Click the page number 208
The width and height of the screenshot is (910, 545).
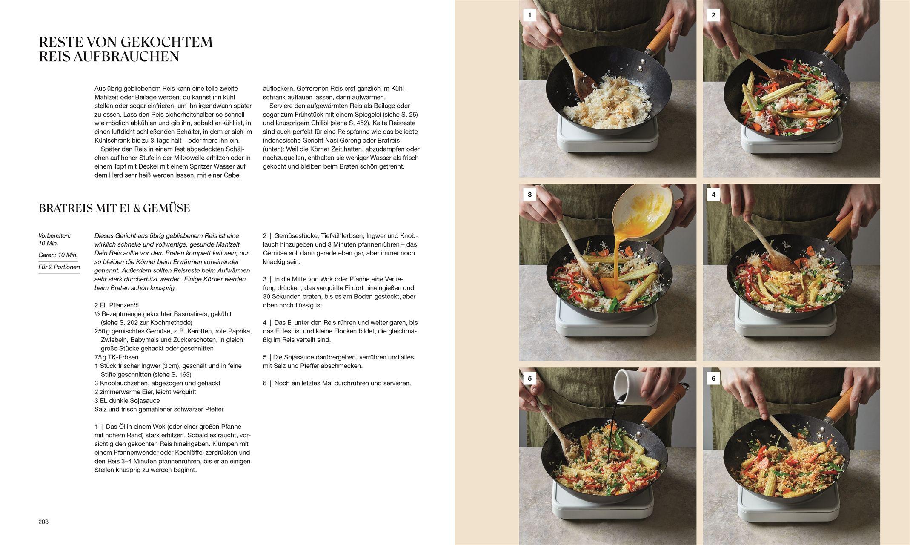[x=43, y=522]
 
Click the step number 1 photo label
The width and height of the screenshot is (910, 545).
[x=529, y=15]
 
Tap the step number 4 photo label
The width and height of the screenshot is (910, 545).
[x=713, y=195]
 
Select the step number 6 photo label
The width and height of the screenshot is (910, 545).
[x=713, y=378]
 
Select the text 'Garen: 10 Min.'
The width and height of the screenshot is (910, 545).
[x=58, y=255]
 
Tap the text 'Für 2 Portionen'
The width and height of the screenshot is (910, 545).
[x=59, y=267]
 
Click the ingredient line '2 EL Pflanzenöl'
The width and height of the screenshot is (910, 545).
[x=117, y=305]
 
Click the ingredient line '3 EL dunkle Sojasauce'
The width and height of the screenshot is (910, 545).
[x=127, y=401]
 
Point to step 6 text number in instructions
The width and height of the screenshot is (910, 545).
[x=265, y=383]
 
